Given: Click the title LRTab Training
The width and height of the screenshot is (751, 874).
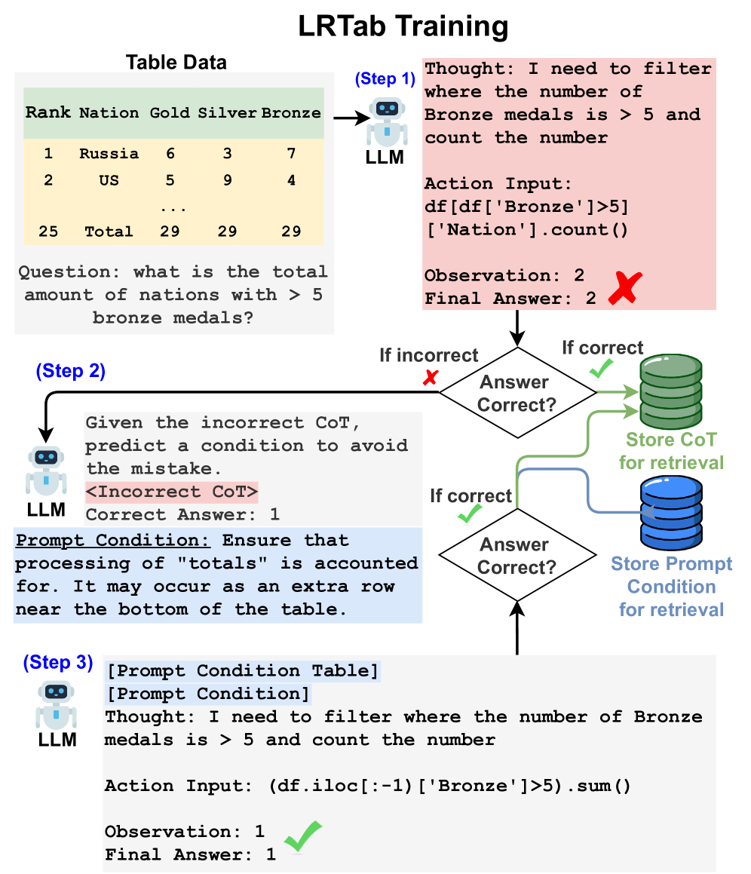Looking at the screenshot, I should (403, 26).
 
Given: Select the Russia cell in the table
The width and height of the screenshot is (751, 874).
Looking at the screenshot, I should (109, 154).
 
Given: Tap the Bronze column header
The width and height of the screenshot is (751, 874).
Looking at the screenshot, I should (291, 113).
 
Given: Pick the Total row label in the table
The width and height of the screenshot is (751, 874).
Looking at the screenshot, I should (109, 232).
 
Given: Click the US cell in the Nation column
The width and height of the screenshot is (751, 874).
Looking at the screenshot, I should (109, 181).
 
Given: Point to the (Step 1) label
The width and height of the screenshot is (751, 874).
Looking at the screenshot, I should (385, 78).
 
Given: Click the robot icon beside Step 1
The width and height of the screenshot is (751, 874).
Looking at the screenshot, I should (387, 120).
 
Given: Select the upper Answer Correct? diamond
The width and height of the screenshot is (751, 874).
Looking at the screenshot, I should (517, 393).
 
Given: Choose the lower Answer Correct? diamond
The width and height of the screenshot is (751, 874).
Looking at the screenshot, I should (517, 555).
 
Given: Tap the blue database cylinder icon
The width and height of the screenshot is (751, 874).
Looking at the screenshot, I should (671, 515).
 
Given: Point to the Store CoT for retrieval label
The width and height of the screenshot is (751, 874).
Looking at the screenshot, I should (671, 451).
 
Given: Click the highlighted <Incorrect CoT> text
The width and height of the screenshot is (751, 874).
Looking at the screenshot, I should (172, 492).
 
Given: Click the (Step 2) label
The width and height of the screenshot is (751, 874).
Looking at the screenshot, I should (70, 371).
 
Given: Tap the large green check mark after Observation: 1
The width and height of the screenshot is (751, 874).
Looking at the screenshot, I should (302, 835).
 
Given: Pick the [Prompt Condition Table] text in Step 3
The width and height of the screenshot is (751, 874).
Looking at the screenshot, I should (242, 670).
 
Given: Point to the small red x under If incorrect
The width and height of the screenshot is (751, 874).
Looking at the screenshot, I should (430, 379).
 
